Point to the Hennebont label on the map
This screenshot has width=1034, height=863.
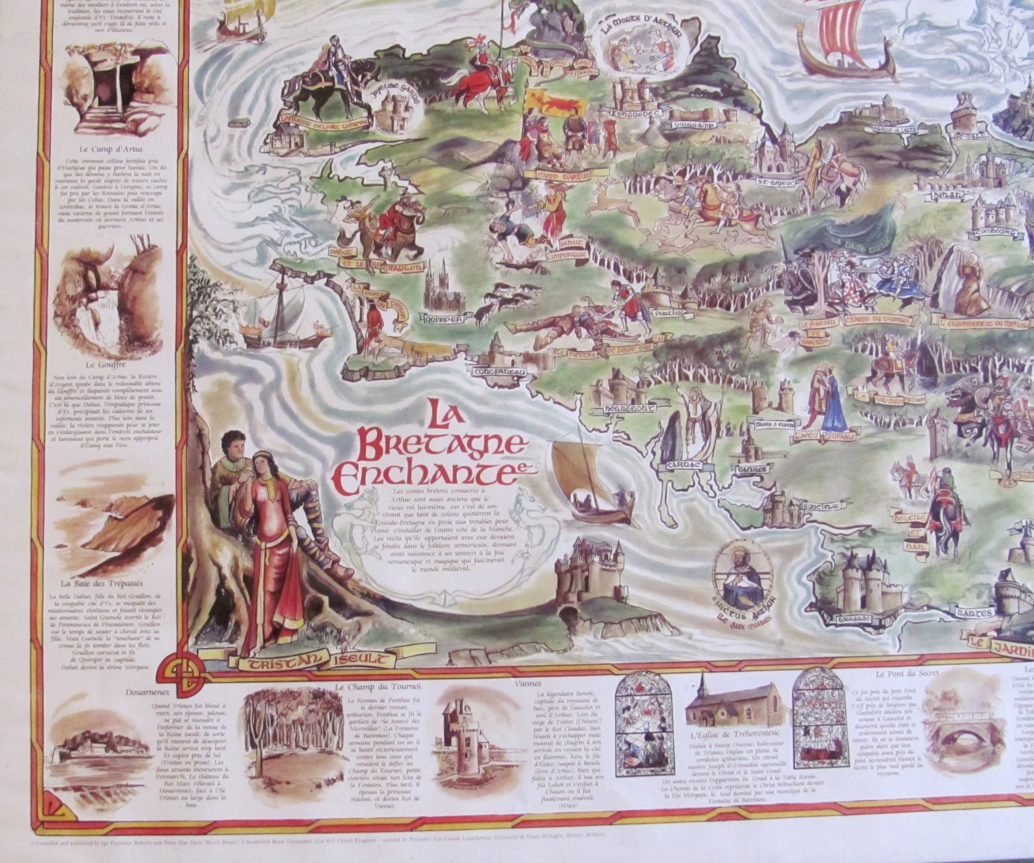pos(627,408)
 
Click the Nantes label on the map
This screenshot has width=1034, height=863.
pos(977,614)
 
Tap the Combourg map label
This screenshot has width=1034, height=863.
pos(992,232)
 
